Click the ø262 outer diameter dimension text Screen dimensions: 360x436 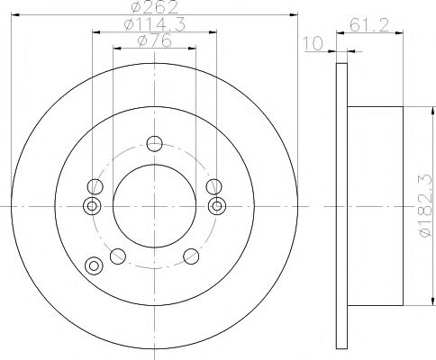click(152, 11)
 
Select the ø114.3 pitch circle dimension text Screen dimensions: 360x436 click(152, 27)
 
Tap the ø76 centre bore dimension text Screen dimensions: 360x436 click(152, 42)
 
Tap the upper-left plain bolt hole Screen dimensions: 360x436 click(93, 187)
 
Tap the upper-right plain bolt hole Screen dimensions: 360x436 click(213, 187)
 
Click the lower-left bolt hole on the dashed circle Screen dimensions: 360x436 click(116, 256)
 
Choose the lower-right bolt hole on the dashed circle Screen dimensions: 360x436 click(190, 256)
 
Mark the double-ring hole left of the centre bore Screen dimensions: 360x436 click(91, 207)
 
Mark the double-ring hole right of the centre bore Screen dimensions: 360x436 click(215, 207)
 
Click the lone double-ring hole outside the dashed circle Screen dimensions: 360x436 click(92, 265)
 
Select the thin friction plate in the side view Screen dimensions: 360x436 click(341, 206)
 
